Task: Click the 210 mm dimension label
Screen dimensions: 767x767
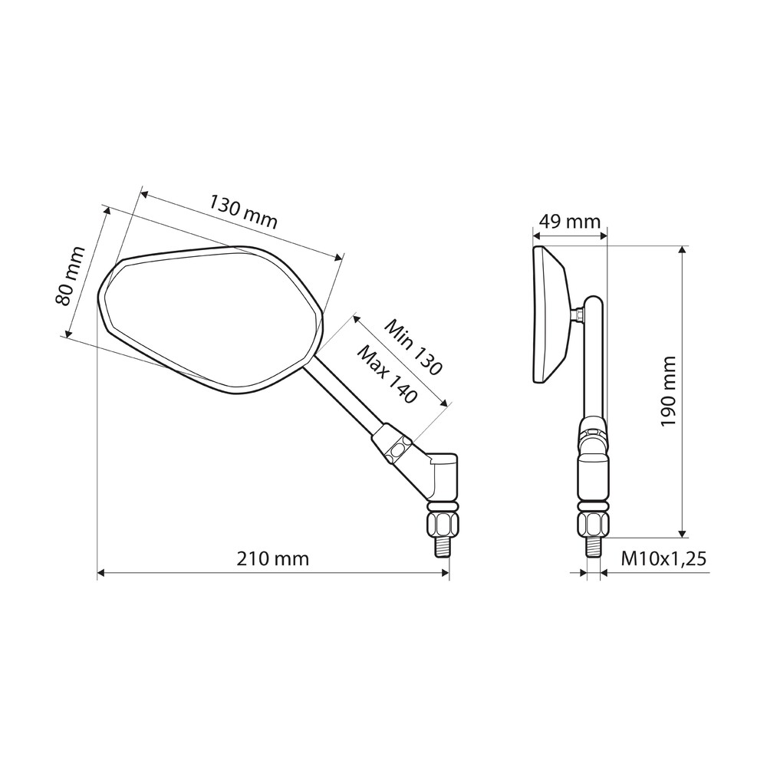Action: click(272, 558)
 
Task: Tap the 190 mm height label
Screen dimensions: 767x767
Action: click(668, 391)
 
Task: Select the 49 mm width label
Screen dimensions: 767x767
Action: click(569, 222)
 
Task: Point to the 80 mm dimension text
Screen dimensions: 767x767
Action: click(71, 276)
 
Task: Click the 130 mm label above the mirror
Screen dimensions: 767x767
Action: click(244, 212)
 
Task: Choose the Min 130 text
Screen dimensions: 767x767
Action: click(413, 347)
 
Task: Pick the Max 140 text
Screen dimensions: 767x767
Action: click(387, 374)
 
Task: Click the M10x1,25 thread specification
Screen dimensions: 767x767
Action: click(663, 558)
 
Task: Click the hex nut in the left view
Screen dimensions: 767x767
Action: click(443, 524)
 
